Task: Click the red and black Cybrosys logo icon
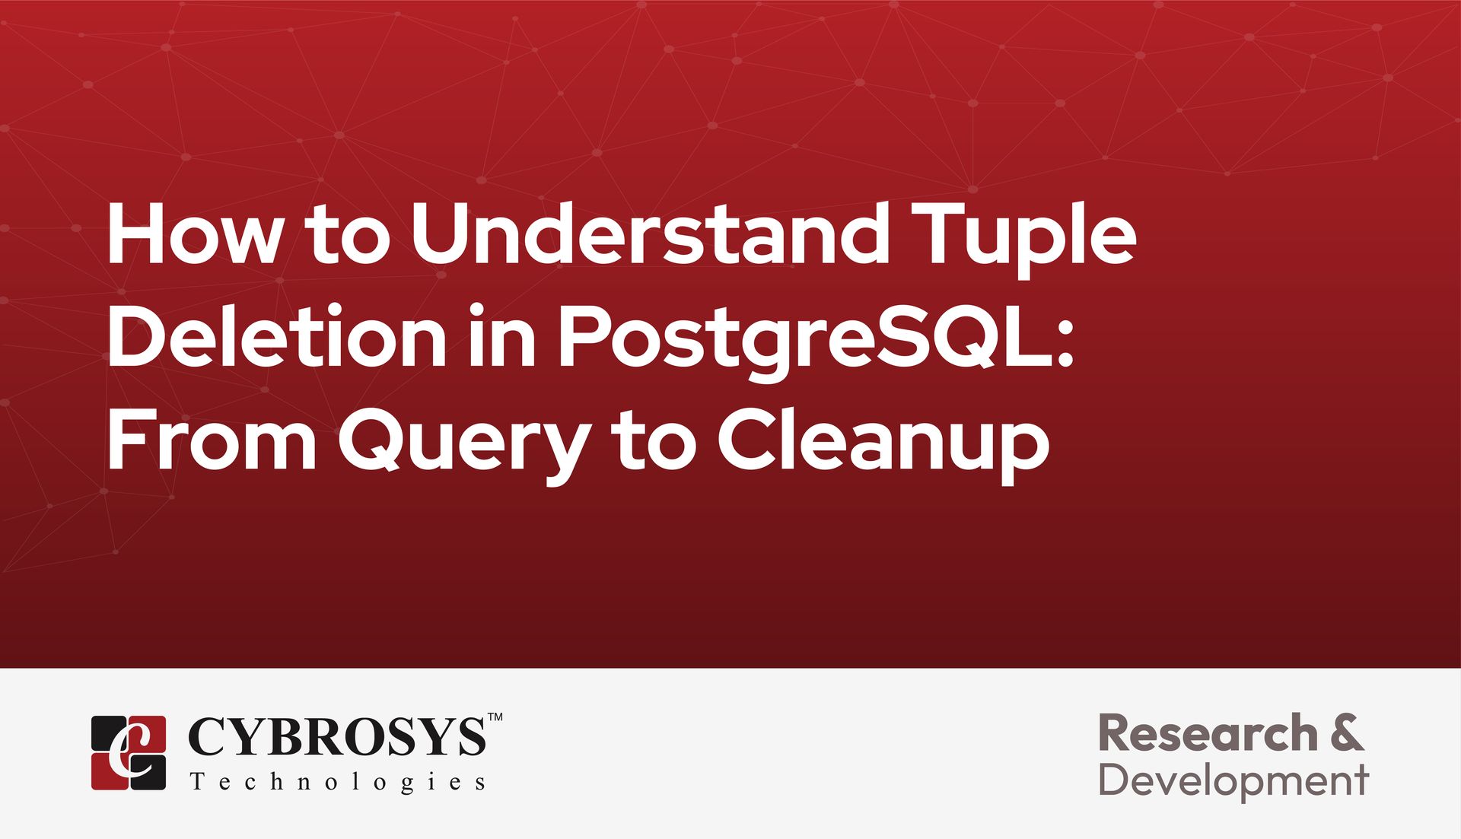(x=129, y=752)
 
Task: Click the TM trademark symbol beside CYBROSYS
(x=495, y=717)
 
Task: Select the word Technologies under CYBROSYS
(x=338, y=783)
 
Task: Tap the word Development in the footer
(x=1233, y=781)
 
